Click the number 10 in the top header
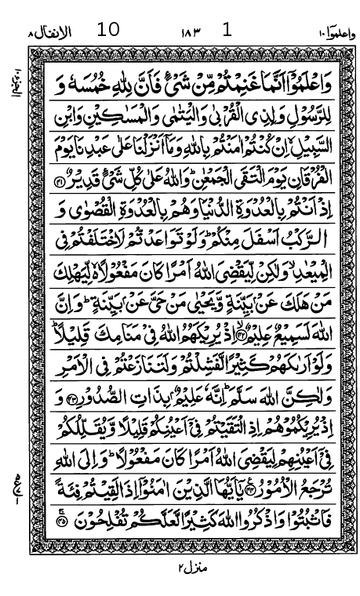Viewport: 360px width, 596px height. [108, 31]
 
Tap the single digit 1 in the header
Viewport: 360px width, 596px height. [227, 31]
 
